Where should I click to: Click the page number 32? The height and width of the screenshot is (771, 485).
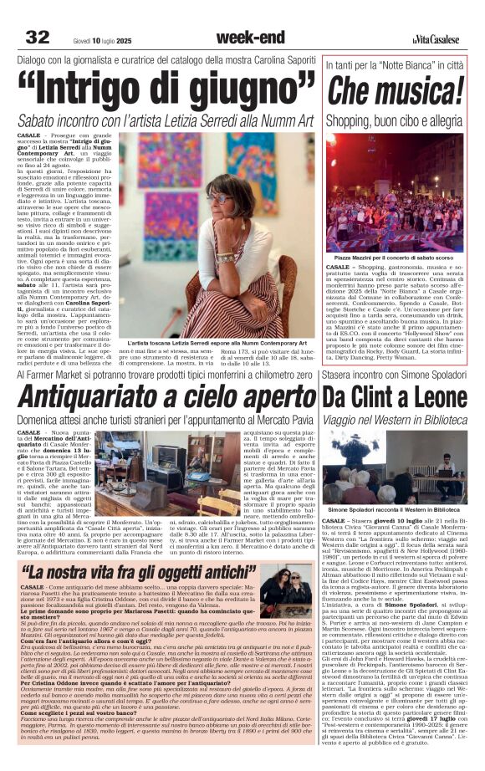pos(38,36)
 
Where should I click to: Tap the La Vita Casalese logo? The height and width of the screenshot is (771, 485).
pos(435,38)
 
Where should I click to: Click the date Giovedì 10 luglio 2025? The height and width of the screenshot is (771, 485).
pos(98,38)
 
